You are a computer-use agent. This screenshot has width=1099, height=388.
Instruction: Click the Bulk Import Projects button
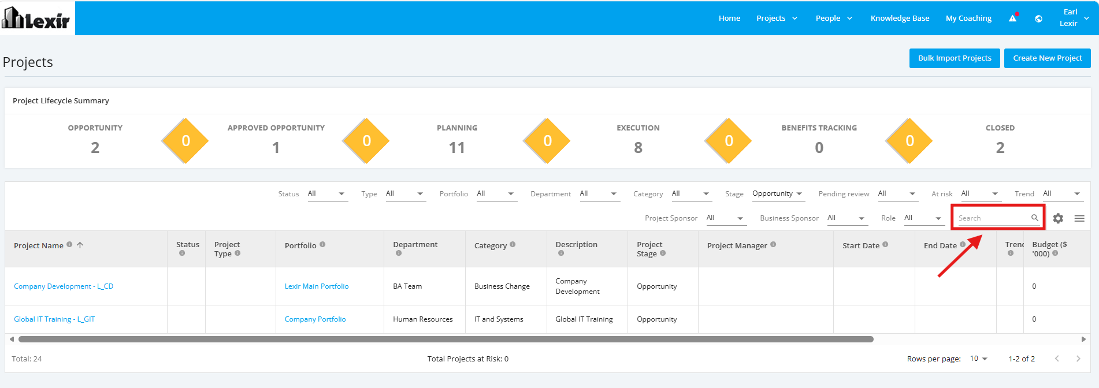pyautogui.click(x=955, y=58)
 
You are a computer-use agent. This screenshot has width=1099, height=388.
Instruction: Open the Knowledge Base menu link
pyautogui.click(x=900, y=18)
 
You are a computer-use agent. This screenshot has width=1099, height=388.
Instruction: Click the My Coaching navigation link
pyautogui.click(x=968, y=18)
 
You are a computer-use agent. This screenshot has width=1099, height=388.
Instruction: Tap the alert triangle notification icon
pyautogui.click(x=1013, y=18)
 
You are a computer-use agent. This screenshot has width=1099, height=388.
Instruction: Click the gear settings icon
pyautogui.click(x=1058, y=218)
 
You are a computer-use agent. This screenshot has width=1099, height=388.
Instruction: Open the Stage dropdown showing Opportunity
pyautogui.click(x=777, y=194)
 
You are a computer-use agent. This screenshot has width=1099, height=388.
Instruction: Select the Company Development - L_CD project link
pyautogui.click(x=64, y=286)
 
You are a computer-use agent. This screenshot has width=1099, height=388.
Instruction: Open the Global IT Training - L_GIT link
pyautogui.click(x=54, y=319)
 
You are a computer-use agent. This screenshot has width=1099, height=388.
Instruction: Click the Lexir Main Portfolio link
pyautogui.click(x=317, y=286)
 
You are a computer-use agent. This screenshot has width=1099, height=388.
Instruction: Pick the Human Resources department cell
pyautogui.click(x=423, y=319)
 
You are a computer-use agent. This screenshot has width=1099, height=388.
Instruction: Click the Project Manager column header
pyautogui.click(x=737, y=246)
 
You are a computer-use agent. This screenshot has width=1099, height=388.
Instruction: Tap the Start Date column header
pyautogui.click(x=861, y=246)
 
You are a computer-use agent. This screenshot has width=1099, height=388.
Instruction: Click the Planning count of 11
pyautogui.click(x=457, y=148)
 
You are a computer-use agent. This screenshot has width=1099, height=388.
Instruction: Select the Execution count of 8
pyautogui.click(x=638, y=148)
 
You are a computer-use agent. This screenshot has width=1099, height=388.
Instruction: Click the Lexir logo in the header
pyautogui.click(x=36, y=18)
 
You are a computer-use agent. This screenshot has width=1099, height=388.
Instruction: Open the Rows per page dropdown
pyautogui.click(x=979, y=359)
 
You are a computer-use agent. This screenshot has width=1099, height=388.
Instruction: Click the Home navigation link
pyautogui.click(x=729, y=18)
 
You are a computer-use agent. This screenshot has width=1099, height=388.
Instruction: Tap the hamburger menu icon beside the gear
pyautogui.click(x=1079, y=218)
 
